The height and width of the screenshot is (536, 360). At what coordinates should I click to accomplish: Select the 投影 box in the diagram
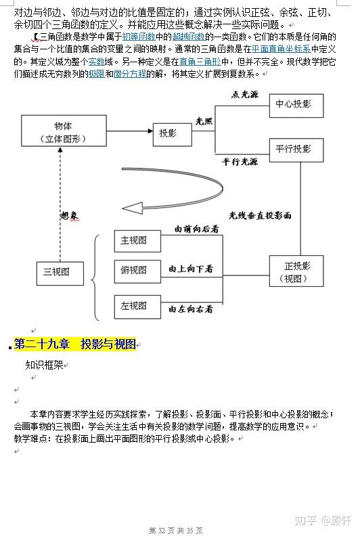[x=167, y=133]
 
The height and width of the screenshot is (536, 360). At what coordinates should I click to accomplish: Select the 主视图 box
[x=133, y=240]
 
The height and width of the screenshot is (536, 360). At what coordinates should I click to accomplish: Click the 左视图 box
[x=133, y=306]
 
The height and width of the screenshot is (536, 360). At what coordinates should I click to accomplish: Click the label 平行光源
[x=240, y=162]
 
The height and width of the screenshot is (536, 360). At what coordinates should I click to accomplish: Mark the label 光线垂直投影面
[x=260, y=215]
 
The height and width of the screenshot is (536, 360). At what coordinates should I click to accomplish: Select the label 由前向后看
[x=196, y=229]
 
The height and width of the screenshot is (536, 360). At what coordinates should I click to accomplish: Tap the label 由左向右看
[x=191, y=309]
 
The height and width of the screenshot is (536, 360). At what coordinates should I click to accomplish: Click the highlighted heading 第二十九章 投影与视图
[x=75, y=344]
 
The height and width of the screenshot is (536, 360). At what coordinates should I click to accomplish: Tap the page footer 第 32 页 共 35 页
[x=175, y=529]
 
